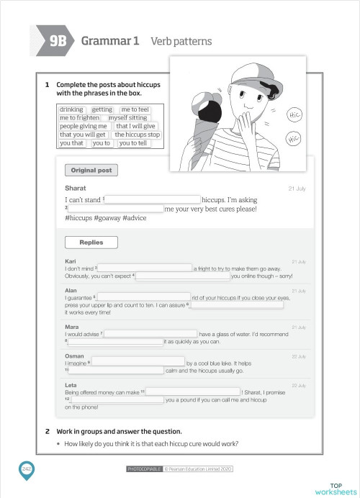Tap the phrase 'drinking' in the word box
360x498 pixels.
point(71,109)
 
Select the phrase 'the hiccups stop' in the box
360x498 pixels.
point(137,135)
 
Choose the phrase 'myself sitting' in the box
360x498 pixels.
point(127,117)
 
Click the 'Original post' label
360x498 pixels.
point(89,171)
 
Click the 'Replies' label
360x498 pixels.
point(91,243)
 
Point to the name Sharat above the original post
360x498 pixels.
point(76,188)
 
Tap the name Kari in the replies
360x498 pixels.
point(71,261)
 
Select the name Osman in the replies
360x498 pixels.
point(74,356)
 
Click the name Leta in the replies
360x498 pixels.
point(71,385)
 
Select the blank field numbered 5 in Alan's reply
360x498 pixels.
point(143,296)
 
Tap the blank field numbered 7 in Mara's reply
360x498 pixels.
point(151,334)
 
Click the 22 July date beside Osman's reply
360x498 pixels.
point(299,356)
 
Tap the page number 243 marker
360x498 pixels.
point(27,468)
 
